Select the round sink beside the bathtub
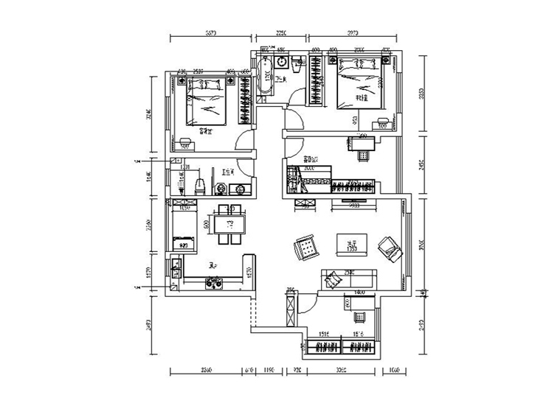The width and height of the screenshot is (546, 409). [280, 63]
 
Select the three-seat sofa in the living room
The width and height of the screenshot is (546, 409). [348, 279]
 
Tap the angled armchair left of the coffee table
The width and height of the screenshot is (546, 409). [304, 248]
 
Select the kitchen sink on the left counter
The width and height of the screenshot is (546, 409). [174, 268]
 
